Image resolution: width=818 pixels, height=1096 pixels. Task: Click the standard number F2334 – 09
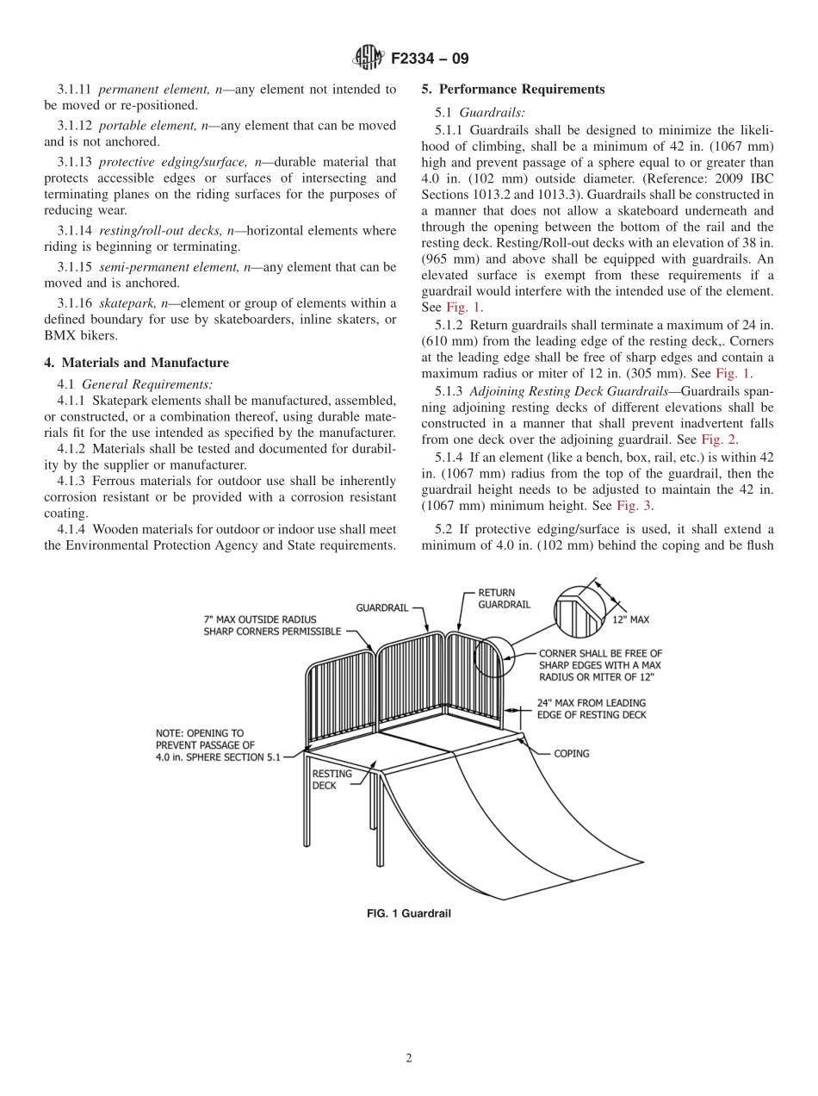[x=430, y=59]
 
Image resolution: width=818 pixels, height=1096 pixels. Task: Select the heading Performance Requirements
[x=522, y=89]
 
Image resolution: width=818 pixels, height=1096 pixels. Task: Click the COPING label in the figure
[x=571, y=753]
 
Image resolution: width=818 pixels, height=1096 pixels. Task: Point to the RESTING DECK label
[x=332, y=779]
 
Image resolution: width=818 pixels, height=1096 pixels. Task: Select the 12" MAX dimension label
[x=631, y=620]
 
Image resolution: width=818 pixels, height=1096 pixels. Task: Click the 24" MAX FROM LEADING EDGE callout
[x=591, y=708]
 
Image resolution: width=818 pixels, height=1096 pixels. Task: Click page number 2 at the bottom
[x=409, y=1059]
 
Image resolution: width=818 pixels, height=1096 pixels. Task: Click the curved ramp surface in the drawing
[x=517, y=810]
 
